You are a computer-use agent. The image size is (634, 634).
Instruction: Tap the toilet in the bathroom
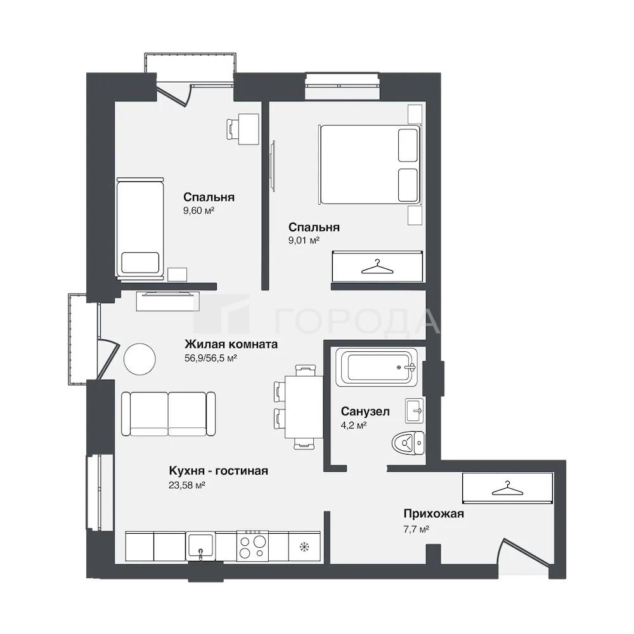[408, 443]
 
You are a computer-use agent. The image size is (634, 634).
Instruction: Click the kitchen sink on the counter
[200, 547]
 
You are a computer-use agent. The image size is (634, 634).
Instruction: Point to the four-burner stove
[252, 545]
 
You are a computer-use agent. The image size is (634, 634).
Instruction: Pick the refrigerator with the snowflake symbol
[304, 547]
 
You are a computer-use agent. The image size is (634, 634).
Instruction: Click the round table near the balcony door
[139, 359]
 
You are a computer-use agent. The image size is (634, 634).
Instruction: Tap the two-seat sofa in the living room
[168, 413]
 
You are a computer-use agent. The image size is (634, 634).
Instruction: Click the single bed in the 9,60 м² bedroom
[140, 228]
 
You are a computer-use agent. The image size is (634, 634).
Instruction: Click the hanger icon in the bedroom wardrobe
[377, 267]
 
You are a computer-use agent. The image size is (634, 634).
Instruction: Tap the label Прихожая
[434, 514]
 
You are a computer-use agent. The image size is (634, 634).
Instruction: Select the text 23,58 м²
[187, 485]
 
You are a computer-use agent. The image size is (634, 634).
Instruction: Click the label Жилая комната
[231, 344]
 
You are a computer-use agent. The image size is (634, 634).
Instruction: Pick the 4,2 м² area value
[354, 425]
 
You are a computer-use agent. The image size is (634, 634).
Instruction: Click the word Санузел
[365, 411]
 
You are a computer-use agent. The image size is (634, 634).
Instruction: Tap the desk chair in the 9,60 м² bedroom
[233, 129]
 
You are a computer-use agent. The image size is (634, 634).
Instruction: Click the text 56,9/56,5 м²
[210, 358]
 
